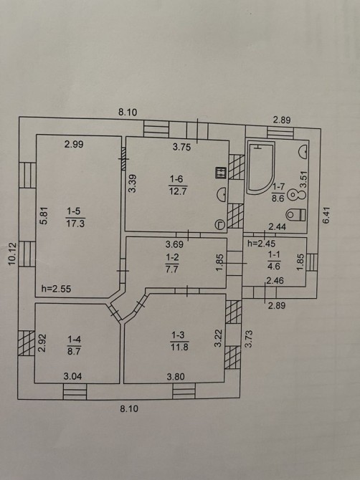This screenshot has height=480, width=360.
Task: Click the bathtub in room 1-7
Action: click(260, 168)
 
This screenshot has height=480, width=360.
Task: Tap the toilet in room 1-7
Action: click(295, 214)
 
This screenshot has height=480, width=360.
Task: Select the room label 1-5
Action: click(74, 211)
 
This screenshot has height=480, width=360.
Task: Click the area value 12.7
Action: click(178, 191)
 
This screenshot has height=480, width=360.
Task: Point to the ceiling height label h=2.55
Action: click(56, 289)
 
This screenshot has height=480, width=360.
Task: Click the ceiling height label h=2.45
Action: click(262, 244)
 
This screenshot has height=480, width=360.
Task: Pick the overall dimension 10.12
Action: click(12, 254)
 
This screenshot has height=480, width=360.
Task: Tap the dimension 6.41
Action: click(326, 215)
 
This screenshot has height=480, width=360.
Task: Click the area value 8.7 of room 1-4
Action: click(74, 351)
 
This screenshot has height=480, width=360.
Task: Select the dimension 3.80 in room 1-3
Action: click(176, 377)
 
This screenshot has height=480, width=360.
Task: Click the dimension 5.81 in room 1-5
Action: click(44, 216)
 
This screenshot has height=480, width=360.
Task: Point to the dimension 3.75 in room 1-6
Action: click(181, 148)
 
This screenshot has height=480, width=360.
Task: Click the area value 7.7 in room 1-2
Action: click(172, 269)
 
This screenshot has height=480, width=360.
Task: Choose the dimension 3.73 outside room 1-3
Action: click(248, 338)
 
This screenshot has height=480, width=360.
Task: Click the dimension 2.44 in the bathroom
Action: click(278, 227)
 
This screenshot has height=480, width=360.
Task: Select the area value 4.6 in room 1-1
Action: click(274, 267)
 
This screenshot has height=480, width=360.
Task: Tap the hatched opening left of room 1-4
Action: click(27, 343)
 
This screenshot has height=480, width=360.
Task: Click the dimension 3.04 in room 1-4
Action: click(72, 376)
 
